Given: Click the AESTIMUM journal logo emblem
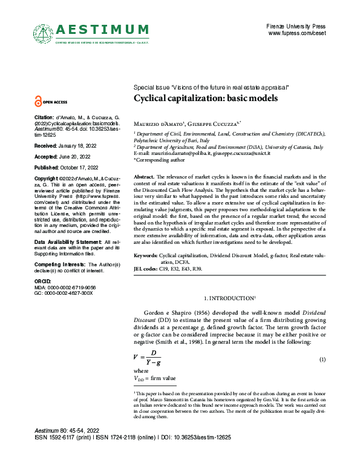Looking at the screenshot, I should (x=42, y=31).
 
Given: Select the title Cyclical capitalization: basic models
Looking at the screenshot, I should (x=206, y=98).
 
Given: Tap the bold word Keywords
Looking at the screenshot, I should (x=145, y=255).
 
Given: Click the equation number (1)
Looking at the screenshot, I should (x=322, y=360).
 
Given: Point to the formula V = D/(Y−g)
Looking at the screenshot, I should (x=148, y=358).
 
